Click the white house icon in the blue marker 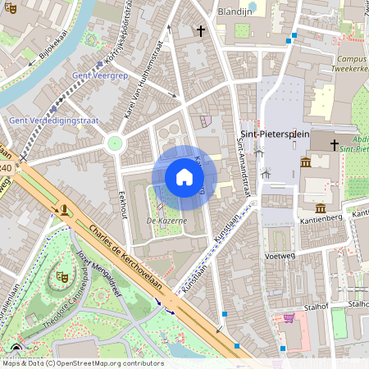(x=184, y=177)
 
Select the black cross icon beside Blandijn (x=201, y=31)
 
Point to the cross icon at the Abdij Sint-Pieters (x=334, y=145)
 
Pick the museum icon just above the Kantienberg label (x=321, y=207)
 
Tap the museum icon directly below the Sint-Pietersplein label (x=306, y=162)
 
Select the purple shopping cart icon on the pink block (x=288, y=318)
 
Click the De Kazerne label (x=166, y=221)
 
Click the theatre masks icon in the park (x=60, y=278)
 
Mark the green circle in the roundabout (x=114, y=143)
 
